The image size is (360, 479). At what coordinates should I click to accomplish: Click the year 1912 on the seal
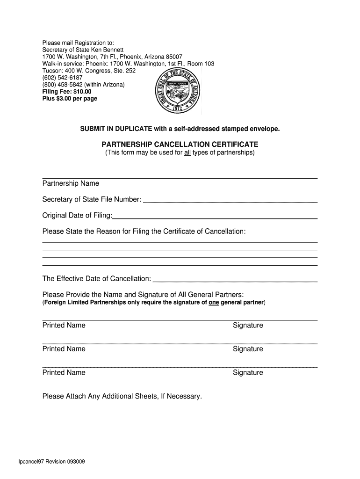pyautogui.click(x=178, y=108)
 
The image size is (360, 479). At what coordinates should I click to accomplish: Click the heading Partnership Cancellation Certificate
pyautogui.click(x=180, y=145)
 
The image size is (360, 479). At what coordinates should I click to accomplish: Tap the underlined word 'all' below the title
pyautogui.click(x=187, y=152)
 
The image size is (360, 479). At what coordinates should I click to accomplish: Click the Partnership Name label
pyautogui.click(x=71, y=183)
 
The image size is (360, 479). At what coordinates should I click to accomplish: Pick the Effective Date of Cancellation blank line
pyautogui.click(x=235, y=280)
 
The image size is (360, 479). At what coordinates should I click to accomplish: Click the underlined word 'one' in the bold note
pyautogui.click(x=214, y=303)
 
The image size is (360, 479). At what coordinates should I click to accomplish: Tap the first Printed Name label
pyautogui.click(x=64, y=325)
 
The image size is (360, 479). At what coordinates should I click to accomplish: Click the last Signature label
pyautogui.click(x=248, y=373)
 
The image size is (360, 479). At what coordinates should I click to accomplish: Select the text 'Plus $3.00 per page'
pyautogui.click(x=70, y=99)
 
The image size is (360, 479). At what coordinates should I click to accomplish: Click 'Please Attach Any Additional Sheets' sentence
pyautogui.click(x=122, y=396)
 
